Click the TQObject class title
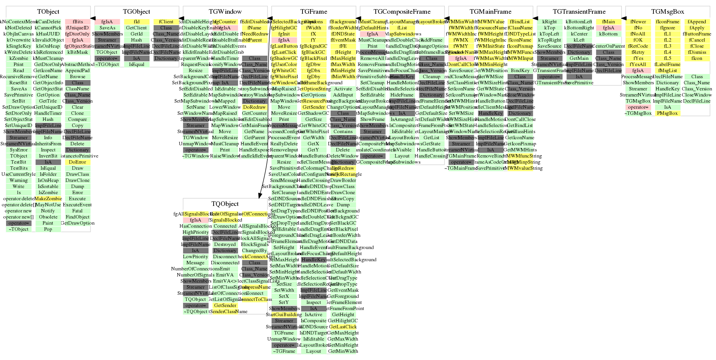(225, 204)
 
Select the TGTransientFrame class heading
(579, 12)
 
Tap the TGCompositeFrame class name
(402, 12)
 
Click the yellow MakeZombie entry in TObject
(48, 199)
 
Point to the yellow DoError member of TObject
(77, 162)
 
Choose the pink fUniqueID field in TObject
(77, 28)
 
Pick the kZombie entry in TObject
(19, 58)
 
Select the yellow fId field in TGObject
(137, 22)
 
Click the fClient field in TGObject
(166, 22)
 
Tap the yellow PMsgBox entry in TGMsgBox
(668, 113)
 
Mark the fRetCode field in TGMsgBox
(638, 46)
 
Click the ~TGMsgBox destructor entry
(638, 113)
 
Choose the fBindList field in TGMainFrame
(520, 22)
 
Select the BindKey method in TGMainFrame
(520, 71)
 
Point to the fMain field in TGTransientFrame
(608, 22)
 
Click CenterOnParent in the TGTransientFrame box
(608, 46)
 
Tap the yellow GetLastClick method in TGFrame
(343, 327)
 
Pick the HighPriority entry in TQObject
(196, 232)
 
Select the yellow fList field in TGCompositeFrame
(402, 28)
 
